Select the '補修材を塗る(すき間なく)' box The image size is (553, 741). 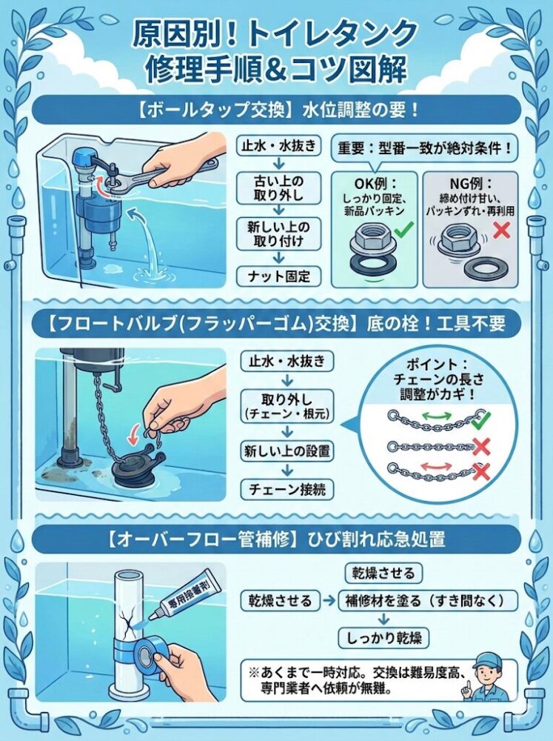[x=423, y=599]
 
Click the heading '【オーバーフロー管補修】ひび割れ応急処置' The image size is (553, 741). [x=276, y=534]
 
